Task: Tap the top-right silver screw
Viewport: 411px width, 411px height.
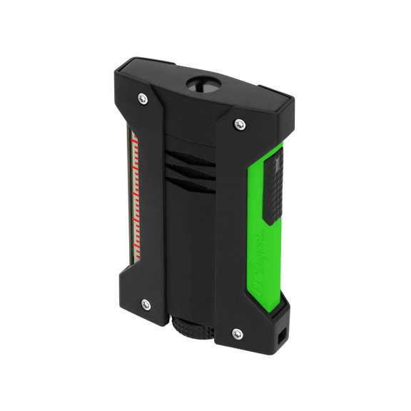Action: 237,124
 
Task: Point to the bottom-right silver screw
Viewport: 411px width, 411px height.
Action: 236,331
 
